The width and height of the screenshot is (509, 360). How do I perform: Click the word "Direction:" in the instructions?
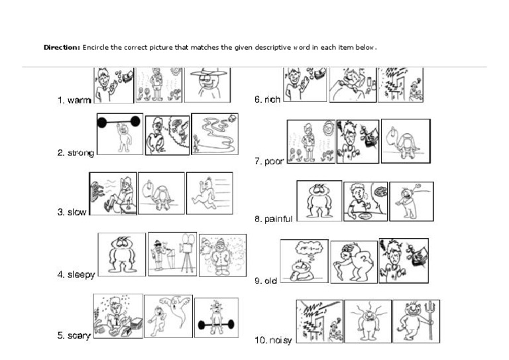[62, 47]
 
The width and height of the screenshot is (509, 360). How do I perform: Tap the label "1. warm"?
[74, 100]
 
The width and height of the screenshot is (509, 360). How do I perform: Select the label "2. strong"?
[76, 152]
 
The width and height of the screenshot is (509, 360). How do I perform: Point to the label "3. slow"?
[72, 212]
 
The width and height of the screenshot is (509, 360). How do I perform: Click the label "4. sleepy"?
[76, 275]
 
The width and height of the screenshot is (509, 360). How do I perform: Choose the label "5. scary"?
[74, 335]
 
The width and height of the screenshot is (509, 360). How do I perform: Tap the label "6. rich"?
[267, 99]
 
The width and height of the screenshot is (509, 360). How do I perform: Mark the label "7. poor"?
[269, 161]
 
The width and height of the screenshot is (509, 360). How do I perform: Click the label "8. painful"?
[273, 219]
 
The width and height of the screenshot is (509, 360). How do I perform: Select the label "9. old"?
[266, 280]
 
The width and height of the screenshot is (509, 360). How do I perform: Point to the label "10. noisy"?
[273, 340]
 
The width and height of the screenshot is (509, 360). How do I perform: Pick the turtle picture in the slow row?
[161, 193]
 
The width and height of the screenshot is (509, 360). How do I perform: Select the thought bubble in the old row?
[309, 249]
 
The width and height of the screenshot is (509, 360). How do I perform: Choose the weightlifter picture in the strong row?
[120, 134]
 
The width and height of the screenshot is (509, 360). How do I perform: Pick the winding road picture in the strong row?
[215, 134]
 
